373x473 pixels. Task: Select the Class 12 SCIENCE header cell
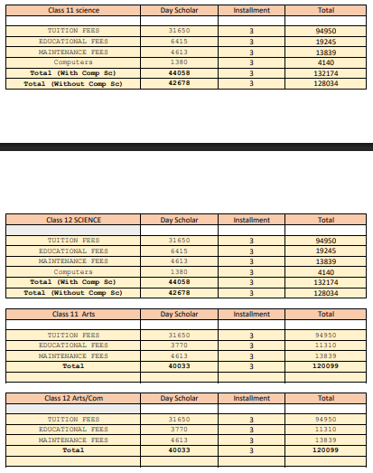73,220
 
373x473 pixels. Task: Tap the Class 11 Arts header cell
73,314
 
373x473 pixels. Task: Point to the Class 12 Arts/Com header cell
73,399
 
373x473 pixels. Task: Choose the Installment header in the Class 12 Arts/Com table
251,399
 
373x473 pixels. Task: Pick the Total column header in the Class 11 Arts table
326,314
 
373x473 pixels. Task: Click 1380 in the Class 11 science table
179,62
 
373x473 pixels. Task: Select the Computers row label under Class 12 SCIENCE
73,271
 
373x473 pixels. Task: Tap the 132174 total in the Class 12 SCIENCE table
326,282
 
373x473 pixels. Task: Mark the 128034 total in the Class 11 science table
326,83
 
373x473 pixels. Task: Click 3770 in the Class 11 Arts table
179,345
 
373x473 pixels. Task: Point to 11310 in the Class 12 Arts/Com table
326,430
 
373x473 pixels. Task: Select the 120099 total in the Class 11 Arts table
326,366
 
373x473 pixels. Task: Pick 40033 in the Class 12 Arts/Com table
179,449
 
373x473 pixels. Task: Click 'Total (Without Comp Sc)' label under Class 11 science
73,83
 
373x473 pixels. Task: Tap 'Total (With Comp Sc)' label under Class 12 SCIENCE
73,282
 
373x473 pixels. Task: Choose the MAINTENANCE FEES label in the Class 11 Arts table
73,355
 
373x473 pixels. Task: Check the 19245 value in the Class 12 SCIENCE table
326,251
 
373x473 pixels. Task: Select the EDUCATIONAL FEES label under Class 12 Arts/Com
73,430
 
